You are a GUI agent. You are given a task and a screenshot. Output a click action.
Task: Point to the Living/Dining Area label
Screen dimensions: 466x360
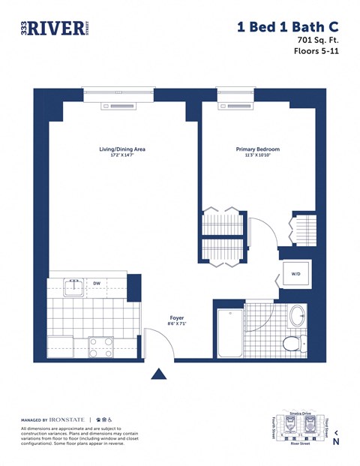122,149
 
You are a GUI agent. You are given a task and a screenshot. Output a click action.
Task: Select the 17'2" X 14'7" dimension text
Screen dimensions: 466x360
122,156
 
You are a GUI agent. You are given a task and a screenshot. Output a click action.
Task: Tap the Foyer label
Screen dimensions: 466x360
178,319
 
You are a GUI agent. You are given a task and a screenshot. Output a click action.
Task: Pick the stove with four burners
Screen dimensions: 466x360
101,346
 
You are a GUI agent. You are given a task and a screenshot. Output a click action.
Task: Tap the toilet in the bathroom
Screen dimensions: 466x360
293,343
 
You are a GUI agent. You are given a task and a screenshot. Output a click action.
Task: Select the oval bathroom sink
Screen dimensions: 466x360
298,315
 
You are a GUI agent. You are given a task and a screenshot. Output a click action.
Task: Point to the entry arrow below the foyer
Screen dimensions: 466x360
159,373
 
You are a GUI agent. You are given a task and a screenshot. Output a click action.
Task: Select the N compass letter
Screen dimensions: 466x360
336,442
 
